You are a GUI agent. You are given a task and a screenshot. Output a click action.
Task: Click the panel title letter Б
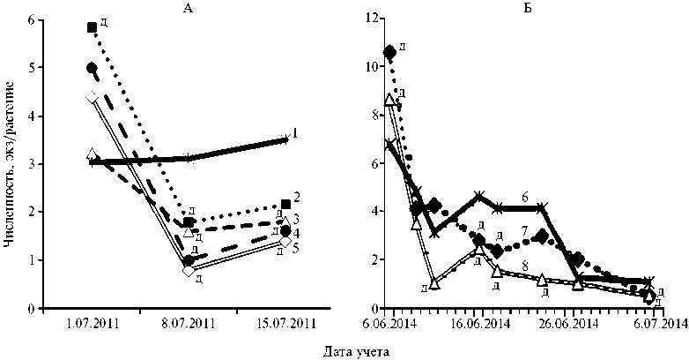526,9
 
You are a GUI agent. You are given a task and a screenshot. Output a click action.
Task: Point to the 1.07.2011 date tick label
93,325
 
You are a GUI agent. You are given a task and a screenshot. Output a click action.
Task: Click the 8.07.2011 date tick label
189,325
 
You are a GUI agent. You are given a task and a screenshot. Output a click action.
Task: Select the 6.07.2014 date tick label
656,325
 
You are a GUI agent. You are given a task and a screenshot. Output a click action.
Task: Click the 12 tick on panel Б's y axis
374,19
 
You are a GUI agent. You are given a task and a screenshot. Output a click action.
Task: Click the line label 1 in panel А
295,133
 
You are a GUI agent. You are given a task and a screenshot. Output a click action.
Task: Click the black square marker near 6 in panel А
93,27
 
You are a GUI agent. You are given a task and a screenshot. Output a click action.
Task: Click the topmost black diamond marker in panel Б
390,51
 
